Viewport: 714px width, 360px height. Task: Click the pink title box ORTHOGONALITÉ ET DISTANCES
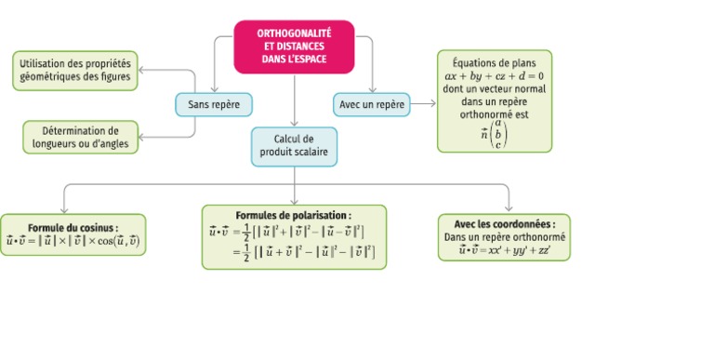click(294, 46)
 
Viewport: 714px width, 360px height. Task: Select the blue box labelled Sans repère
click(214, 104)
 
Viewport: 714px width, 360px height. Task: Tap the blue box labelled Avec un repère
click(371, 104)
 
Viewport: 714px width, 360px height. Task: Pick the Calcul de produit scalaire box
click(294, 146)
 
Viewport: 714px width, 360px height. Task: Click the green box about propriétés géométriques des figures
click(74, 71)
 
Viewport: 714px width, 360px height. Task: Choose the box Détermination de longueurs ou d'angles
click(81, 137)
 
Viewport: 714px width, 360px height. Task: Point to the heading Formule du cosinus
click(73, 226)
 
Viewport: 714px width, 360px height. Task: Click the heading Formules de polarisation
click(294, 215)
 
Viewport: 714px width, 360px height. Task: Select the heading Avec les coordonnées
click(505, 224)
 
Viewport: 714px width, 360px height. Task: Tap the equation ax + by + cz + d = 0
click(494, 76)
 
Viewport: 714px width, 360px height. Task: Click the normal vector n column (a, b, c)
click(498, 133)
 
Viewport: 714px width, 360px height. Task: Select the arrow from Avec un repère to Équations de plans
click(423, 104)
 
